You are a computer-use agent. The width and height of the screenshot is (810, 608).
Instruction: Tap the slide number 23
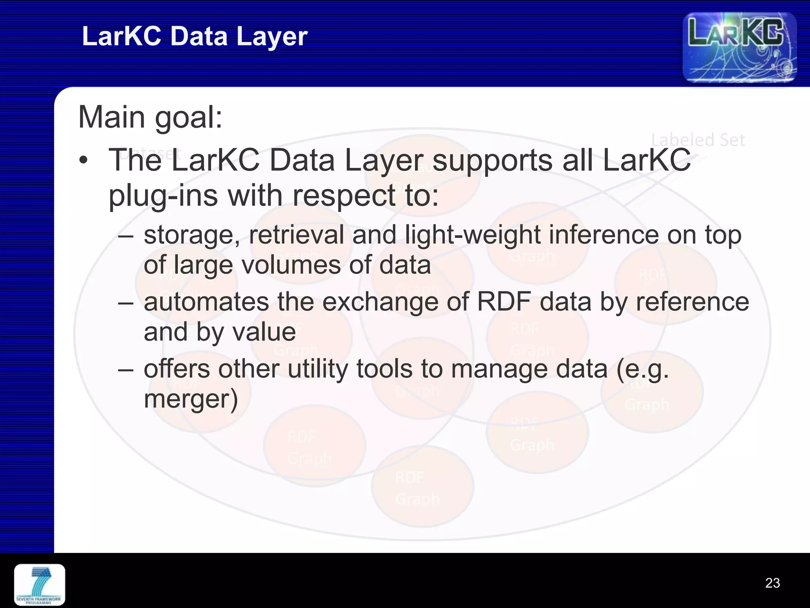pyautogui.click(x=772, y=583)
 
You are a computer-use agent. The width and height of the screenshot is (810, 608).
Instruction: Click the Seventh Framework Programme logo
pyautogui.click(x=40, y=585)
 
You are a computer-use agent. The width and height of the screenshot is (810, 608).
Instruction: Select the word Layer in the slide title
pyautogui.click(x=272, y=36)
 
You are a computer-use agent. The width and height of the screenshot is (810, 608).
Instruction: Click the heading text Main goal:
pyautogui.click(x=150, y=117)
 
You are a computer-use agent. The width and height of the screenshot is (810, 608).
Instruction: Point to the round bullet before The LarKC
pyautogui.click(x=83, y=161)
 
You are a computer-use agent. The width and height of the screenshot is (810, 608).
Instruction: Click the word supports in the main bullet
pyautogui.click(x=492, y=161)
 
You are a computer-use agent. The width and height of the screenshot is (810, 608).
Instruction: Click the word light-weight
pyautogui.click(x=473, y=235)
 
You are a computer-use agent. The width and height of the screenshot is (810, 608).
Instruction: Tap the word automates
pyautogui.click(x=206, y=302)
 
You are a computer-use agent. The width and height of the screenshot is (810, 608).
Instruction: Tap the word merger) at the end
pyautogui.click(x=191, y=399)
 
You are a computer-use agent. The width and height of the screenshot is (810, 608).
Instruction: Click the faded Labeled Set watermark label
pyautogui.click(x=698, y=140)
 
